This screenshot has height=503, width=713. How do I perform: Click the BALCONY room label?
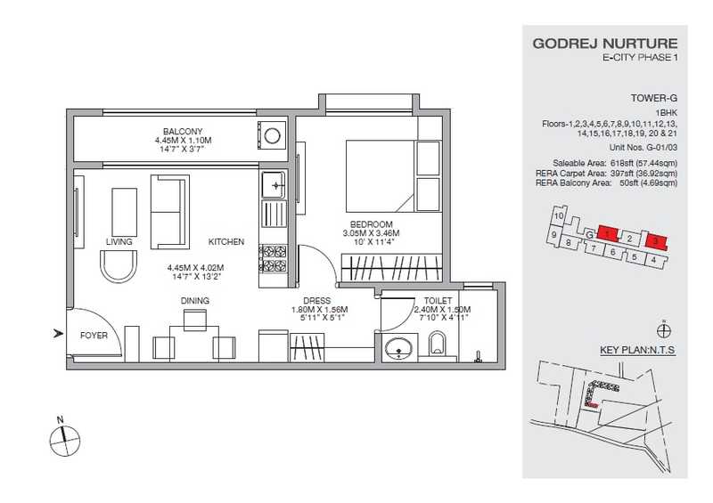[183, 132]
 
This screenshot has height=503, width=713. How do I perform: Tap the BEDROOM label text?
[371, 224]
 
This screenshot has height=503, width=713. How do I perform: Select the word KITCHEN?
[226, 242]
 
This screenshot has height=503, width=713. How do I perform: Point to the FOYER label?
[94, 336]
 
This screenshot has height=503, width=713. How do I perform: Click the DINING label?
[195, 301]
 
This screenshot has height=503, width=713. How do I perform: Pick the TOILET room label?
[438, 301]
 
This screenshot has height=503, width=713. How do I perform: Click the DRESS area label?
[317, 301]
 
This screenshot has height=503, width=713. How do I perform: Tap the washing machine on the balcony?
[272, 135]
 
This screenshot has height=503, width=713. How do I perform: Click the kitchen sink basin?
[274, 184]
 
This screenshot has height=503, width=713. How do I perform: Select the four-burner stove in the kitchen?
[273, 258]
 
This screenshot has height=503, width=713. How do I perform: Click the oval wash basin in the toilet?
[399, 349]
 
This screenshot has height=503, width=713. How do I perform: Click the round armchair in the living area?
[119, 266]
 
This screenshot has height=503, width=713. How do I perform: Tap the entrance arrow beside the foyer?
[58, 334]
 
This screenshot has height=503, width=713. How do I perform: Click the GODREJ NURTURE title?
[605, 44]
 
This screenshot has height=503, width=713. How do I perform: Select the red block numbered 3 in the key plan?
[656, 241]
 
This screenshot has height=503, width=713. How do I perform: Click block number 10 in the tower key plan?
[560, 215]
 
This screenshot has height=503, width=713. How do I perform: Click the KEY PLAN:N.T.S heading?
[637, 351]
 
